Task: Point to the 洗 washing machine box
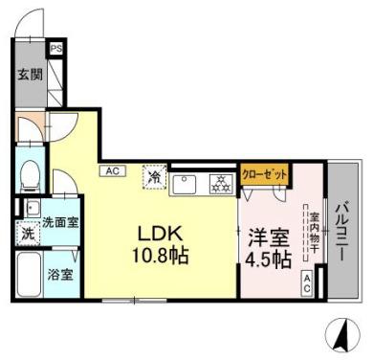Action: (x=28, y=233)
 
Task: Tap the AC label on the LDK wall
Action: (x=111, y=171)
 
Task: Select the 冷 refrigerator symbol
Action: (x=153, y=177)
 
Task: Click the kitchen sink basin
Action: (x=186, y=183)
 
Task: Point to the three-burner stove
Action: (x=220, y=182)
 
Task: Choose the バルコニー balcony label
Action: (x=340, y=231)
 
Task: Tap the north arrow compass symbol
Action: (x=341, y=334)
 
